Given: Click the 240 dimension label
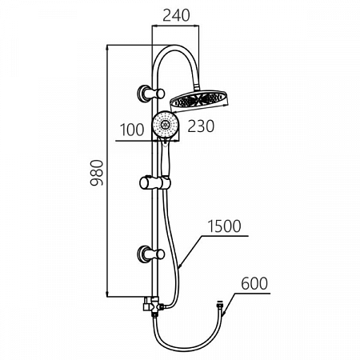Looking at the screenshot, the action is tap(176, 15).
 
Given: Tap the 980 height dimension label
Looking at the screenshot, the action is tap(97, 173).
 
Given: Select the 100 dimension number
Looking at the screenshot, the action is tap(132, 130).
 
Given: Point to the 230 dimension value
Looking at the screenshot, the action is tap(201, 126).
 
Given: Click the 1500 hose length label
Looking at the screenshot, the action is tap(224, 226).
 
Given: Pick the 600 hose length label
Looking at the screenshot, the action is tap(254, 283).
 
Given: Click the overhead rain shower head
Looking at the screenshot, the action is tap(199, 101).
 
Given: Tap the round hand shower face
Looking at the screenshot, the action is tap(165, 124).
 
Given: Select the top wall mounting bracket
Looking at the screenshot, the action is tap(150, 93).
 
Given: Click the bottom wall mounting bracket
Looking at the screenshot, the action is tap(150, 254).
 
